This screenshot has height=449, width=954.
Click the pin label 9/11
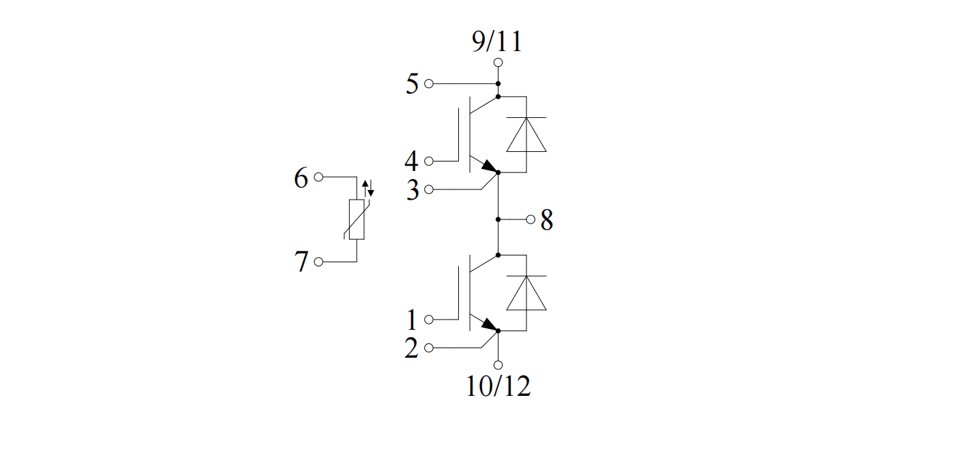[x=496, y=42]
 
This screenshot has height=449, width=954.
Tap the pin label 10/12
[x=498, y=386]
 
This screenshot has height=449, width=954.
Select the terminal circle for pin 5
[x=429, y=84]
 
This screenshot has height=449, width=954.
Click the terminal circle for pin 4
[x=429, y=161]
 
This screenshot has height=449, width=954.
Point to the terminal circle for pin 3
[x=429, y=189]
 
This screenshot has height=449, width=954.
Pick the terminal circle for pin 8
[x=531, y=219]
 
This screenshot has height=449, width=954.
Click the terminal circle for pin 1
[x=429, y=320]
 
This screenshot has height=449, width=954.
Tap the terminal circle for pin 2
[x=429, y=348]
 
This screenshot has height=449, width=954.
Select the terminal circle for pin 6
[x=318, y=177]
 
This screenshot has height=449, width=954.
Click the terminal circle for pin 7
[x=318, y=262]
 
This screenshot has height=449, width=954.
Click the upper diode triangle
[x=526, y=134]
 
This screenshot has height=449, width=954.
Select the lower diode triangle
[x=526, y=293]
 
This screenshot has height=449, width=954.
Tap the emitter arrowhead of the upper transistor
[x=490, y=166]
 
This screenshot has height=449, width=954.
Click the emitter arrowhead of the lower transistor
[x=490, y=325]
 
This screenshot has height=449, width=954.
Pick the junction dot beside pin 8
[x=498, y=219]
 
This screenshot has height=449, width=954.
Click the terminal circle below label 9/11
[x=498, y=63]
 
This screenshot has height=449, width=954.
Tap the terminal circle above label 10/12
[x=498, y=365]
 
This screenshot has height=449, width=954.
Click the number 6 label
[x=301, y=177]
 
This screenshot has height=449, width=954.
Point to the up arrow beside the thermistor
[x=365, y=188]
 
